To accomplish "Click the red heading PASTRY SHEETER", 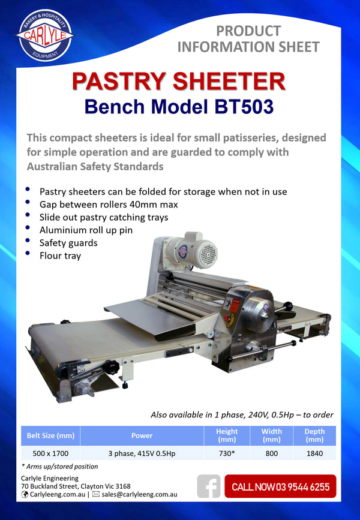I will (x=179, y=82).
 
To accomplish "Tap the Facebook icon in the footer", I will (x=208, y=486).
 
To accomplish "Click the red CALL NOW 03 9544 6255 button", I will (x=280, y=486).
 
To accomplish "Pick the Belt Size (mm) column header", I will (x=50, y=435).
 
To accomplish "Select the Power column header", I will (x=142, y=435).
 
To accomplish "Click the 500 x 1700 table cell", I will (x=50, y=454).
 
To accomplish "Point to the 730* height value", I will (x=227, y=454).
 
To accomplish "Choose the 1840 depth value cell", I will (x=314, y=454).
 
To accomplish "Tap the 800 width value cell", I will (x=271, y=454).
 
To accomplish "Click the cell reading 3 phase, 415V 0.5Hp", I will (x=142, y=454).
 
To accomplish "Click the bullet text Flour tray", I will (x=60, y=256).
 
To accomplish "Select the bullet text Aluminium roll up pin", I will (x=86, y=230).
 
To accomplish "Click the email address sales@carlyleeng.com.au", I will (x=139, y=495).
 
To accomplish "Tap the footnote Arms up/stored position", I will (x=61, y=466).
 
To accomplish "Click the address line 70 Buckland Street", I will (x=76, y=486).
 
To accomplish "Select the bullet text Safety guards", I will (x=68, y=244).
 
